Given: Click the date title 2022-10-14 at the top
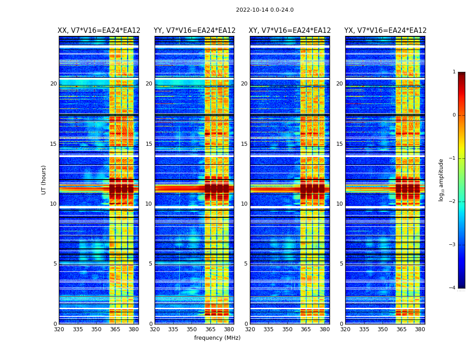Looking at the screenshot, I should coord(264,10).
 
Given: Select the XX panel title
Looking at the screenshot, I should coord(99,31).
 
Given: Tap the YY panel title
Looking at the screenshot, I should coord(194,31).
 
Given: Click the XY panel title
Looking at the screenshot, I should coord(289,31).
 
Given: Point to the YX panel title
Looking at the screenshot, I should coord(385,31).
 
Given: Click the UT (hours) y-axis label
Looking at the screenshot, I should coord(44,180).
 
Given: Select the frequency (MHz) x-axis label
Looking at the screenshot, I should coord(217,338).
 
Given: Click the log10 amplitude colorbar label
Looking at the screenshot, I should coord(441,180).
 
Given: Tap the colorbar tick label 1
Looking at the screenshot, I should coord(454,72).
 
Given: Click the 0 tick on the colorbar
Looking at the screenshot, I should coord(454,115).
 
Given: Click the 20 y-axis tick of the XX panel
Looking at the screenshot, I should coord(53,84).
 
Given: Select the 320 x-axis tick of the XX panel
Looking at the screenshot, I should coord(59,329).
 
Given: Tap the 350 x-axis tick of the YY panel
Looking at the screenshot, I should coord(192,329).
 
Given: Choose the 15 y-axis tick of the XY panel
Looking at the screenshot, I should coord(244,144).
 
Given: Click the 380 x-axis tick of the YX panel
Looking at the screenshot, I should coord(420,329).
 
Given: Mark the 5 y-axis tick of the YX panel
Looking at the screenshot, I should coord(341,264).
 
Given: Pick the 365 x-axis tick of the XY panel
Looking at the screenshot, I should coord(306,329).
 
